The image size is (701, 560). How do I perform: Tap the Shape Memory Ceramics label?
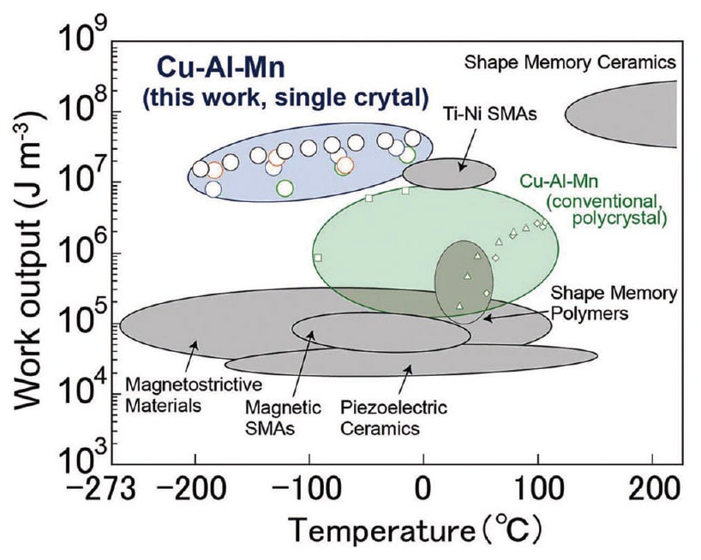pos(570,62)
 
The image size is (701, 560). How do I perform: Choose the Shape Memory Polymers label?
pos(614,303)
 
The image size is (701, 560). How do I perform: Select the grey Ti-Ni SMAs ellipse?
pos(448,172)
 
